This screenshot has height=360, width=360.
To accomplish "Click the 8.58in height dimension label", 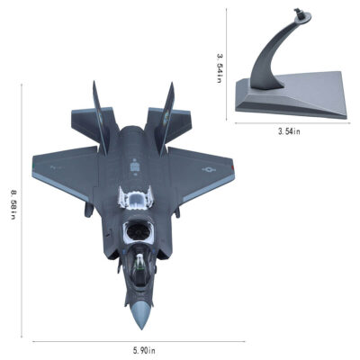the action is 13,204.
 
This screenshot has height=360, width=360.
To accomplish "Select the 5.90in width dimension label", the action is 144,350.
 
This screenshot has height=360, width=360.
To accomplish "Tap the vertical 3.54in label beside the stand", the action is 220,68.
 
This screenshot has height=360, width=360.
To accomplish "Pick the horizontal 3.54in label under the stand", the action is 289,131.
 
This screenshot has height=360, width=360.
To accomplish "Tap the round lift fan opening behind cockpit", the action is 139,231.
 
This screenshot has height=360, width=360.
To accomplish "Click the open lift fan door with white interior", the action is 135,197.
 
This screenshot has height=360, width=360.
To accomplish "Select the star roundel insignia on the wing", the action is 209,170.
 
